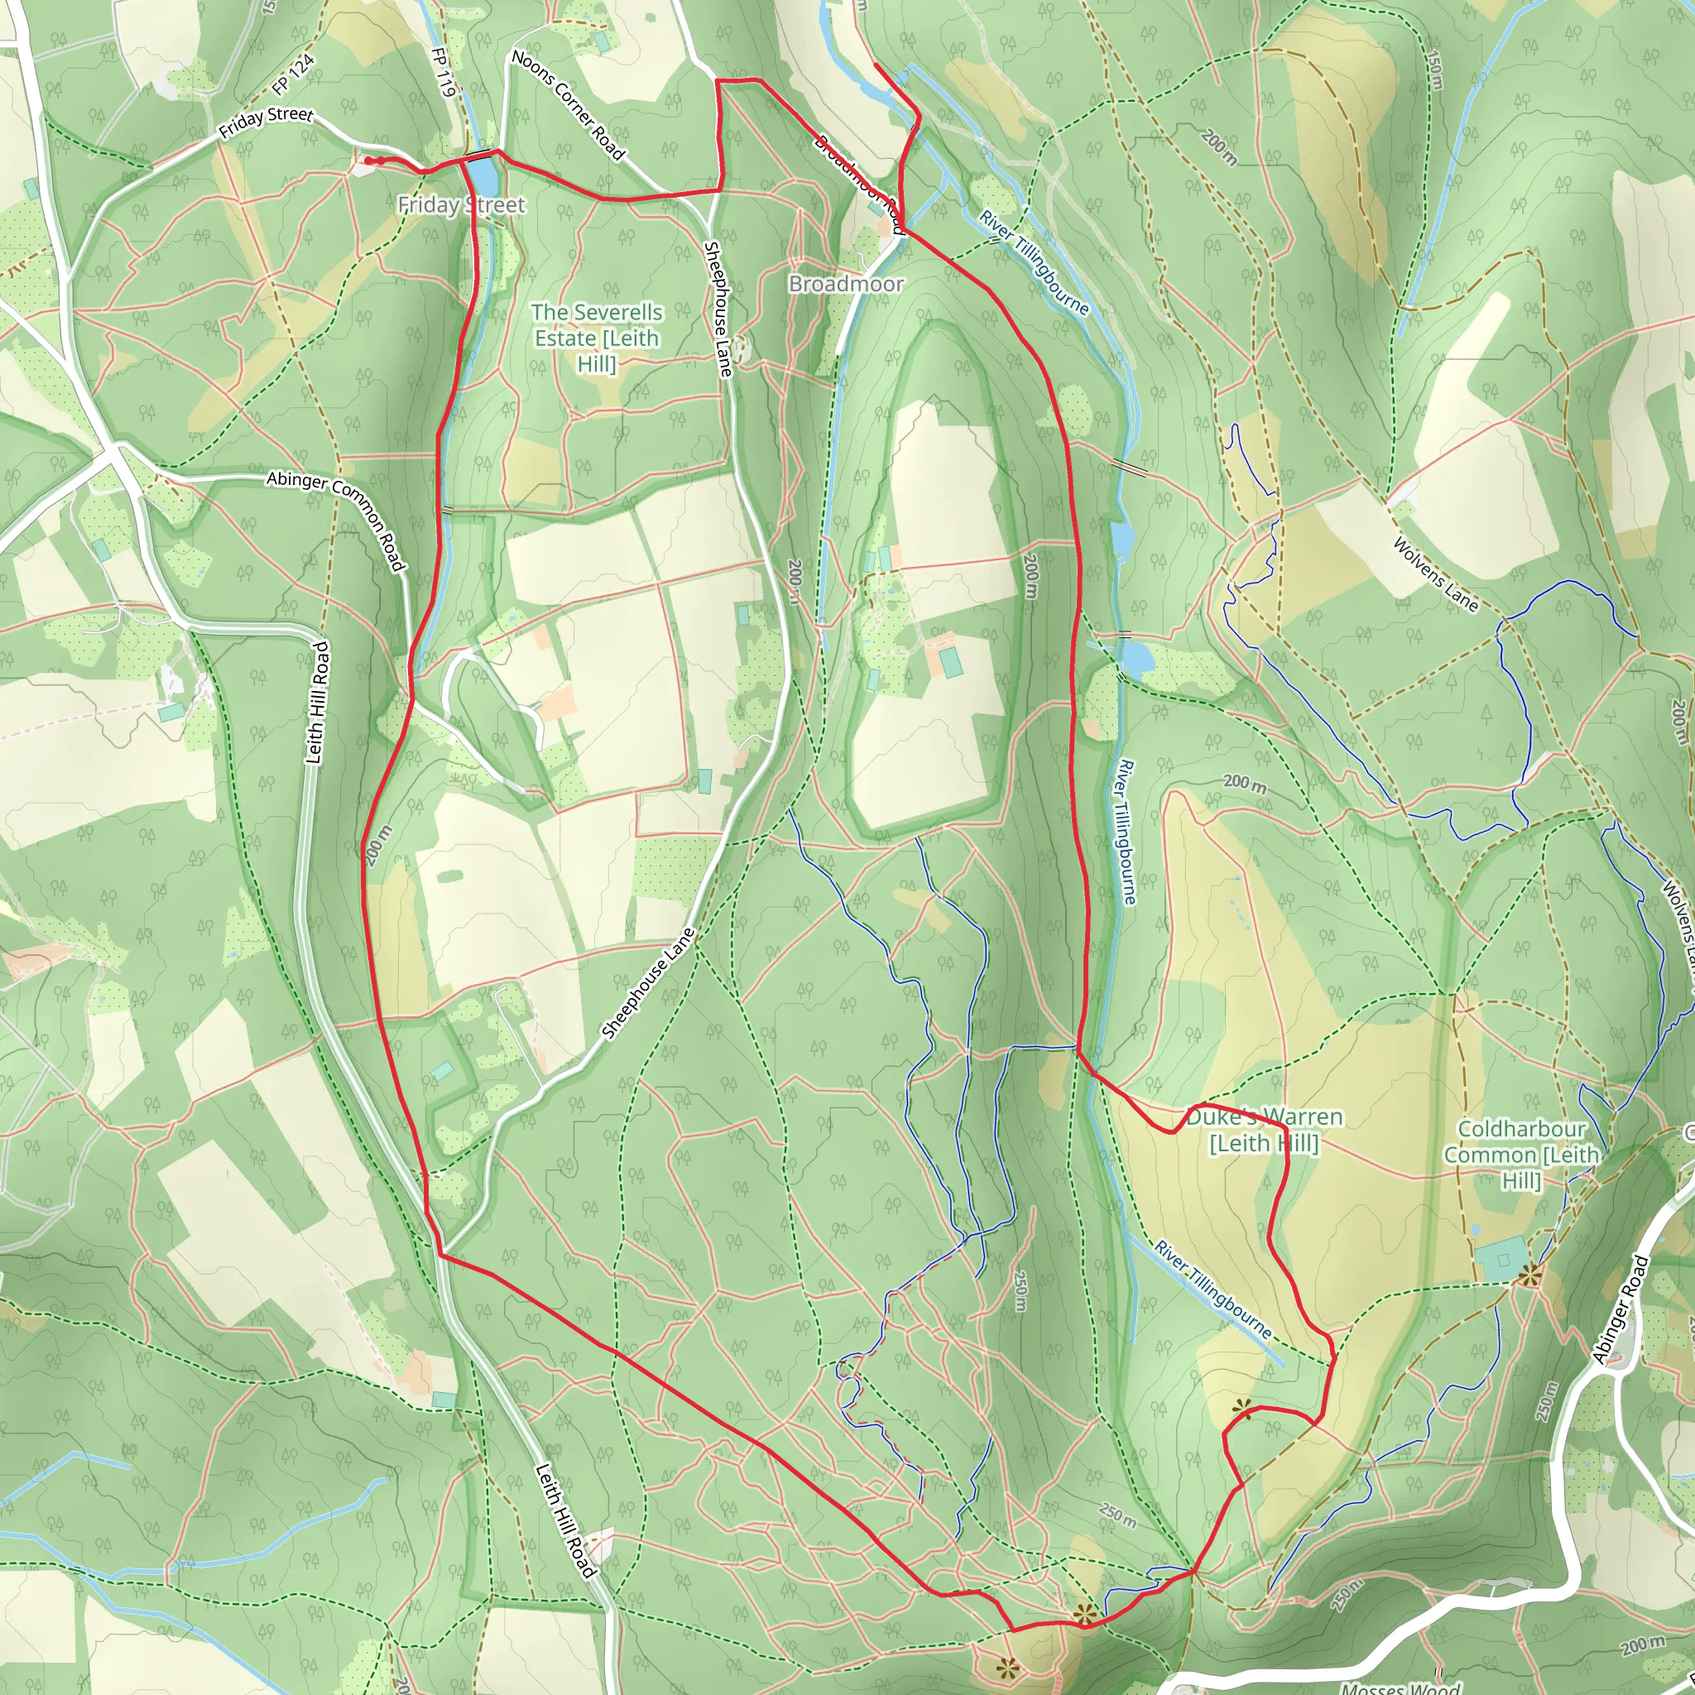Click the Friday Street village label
tap(462, 205)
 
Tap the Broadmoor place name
tap(846, 283)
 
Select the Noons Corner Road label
tap(568, 105)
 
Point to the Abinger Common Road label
tap(337, 521)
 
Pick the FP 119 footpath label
tap(444, 71)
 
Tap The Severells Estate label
tap(597, 337)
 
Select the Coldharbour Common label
tap(1521, 1155)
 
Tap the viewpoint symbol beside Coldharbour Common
tap(1530, 1275)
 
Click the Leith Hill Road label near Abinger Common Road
tap(318, 702)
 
